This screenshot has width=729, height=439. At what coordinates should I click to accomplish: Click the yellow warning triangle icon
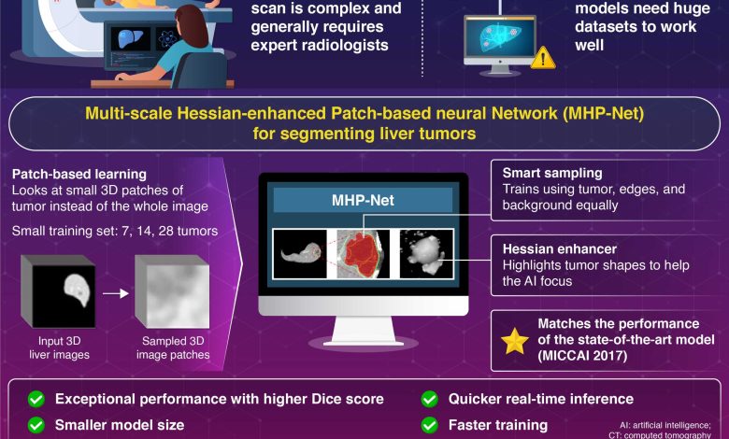point(543,58)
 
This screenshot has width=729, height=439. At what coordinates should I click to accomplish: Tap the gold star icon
point(515,341)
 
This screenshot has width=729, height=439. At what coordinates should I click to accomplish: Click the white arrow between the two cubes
point(115,293)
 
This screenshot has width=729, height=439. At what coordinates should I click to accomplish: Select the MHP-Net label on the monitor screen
point(363,200)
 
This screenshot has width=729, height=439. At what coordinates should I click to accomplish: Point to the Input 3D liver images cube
point(59,291)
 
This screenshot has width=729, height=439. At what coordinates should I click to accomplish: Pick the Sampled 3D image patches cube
point(172,291)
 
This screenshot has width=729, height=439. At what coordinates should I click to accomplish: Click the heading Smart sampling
point(552,174)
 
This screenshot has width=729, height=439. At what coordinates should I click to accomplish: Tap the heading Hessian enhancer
point(560,249)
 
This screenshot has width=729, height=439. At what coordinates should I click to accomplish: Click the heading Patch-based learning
point(79,175)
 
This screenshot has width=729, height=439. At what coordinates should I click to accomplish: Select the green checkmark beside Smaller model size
point(36,425)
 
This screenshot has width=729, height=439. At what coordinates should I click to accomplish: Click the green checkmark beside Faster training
point(430,425)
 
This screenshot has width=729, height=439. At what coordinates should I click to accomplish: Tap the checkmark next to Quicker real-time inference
point(430,399)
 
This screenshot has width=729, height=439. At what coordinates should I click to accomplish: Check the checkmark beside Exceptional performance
point(36,399)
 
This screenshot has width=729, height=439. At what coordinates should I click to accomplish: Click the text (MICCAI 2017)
point(582,356)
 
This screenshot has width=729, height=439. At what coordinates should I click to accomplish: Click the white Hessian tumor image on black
point(426,254)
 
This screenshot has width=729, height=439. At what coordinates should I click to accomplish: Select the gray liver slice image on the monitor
point(300,254)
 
